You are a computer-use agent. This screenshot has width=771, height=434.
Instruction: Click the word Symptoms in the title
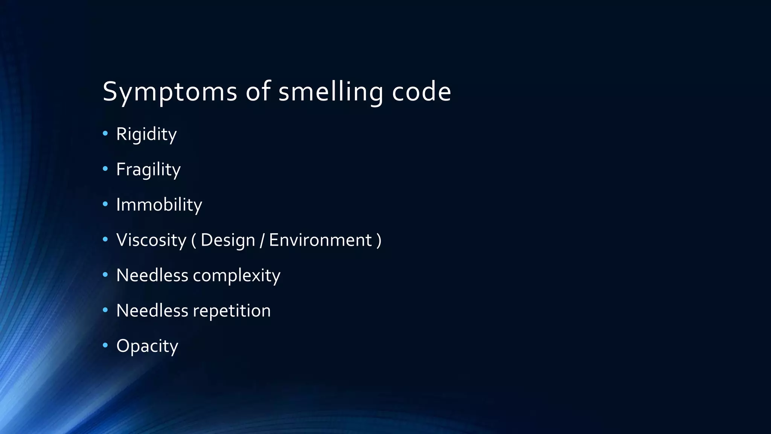pos(169,92)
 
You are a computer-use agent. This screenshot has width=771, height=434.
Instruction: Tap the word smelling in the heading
pos(331,92)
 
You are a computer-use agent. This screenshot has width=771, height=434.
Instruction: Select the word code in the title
pos(421,92)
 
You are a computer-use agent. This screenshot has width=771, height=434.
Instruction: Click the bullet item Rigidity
pos(146,134)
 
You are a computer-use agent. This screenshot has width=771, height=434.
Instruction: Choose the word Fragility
pos(148,170)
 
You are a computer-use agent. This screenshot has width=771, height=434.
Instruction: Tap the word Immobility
pos(159,205)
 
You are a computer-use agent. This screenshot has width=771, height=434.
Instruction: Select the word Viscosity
pos(151,240)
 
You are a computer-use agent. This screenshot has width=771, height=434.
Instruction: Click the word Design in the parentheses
pos(228,240)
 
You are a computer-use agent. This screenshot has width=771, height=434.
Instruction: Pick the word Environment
pos(320,240)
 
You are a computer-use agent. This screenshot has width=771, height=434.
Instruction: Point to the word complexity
pos(236,275)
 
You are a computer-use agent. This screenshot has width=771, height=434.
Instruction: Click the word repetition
pos(232,311)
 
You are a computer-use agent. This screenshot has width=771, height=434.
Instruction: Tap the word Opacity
pos(147,346)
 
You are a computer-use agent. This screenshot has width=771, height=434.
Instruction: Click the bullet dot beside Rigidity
pos(105,133)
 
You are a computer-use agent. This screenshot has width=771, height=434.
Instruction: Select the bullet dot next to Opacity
pos(105,345)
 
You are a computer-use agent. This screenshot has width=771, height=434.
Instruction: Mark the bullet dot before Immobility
pos(105,204)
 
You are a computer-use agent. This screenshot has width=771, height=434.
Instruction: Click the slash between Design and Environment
pos(262,240)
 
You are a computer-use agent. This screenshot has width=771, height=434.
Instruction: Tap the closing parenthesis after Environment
pos(379,240)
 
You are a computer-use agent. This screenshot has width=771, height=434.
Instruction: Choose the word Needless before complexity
pos(152,275)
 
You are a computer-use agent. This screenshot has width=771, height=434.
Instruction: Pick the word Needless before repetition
pos(152,311)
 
